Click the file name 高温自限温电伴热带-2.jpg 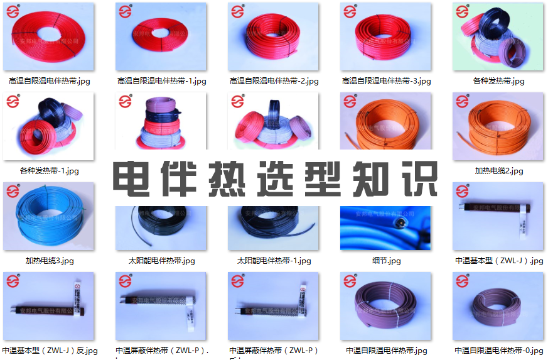274,81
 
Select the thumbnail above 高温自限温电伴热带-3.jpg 386,37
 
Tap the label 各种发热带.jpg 498,81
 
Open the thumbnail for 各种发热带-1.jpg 49,126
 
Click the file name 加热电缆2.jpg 498,171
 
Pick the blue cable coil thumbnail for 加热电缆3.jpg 49,216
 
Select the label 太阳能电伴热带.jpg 161,261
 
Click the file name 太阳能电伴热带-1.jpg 274,261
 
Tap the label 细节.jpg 386,261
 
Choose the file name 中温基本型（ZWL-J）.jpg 498,261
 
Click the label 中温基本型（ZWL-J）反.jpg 50,351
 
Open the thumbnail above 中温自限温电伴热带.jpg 386,306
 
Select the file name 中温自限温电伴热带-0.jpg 498,351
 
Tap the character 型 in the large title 323,180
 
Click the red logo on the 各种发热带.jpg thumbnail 463,12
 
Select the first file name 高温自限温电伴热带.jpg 49,81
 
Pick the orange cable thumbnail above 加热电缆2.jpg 498,126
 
